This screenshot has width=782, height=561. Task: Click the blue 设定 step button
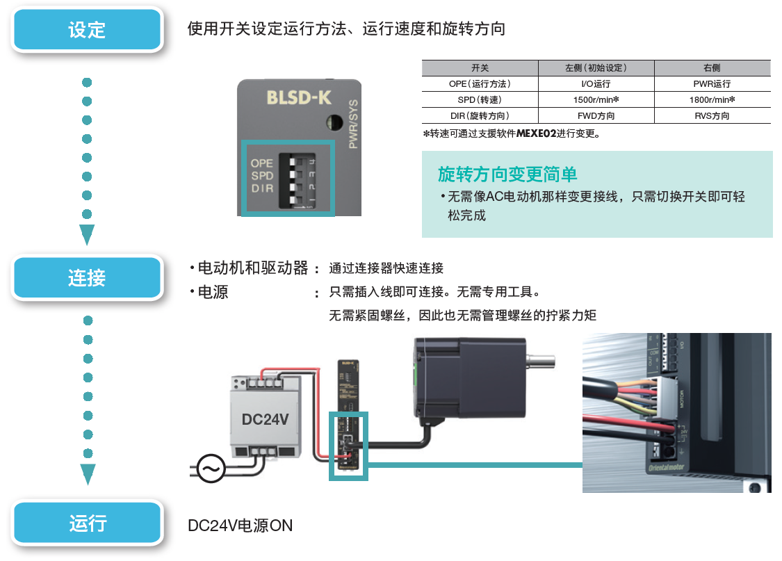coord(87,29)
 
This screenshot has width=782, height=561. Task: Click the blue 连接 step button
coord(87,278)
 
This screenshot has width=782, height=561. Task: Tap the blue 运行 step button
coord(87,523)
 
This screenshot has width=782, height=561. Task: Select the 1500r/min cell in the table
coord(596,100)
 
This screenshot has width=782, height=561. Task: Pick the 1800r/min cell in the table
coord(712,100)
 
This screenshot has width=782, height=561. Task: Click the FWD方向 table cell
coord(596,116)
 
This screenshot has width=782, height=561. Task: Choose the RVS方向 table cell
coord(712,116)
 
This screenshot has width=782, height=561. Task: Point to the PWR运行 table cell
coord(712,84)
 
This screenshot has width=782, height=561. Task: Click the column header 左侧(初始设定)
coord(596,68)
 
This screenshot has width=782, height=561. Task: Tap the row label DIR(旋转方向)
coord(480,116)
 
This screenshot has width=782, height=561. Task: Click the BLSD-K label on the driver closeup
coord(298,97)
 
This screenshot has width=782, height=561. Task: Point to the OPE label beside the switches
coord(262,163)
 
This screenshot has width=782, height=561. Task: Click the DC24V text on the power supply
coord(265,419)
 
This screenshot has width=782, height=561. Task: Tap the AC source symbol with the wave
coord(211,469)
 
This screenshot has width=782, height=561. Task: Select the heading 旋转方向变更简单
coord(507,174)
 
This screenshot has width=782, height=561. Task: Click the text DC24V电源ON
coord(241,526)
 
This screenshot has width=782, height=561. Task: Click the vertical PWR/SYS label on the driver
coord(352,124)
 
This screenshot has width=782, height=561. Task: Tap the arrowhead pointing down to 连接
coord(87,234)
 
